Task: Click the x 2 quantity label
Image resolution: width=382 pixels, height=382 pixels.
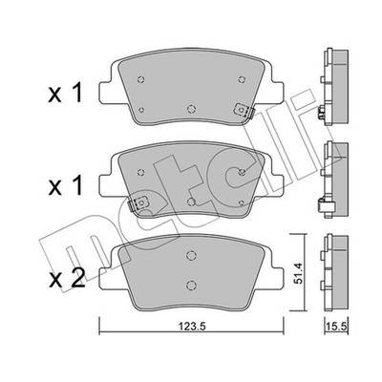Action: (67, 277)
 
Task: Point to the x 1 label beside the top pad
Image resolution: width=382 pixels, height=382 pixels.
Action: (66, 93)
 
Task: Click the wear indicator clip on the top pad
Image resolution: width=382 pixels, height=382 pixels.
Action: (244, 111)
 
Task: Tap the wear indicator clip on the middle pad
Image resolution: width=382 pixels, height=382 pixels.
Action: (138, 202)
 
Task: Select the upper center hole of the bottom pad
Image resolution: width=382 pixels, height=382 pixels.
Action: (191, 255)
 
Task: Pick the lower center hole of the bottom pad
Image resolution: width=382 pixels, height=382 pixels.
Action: (191, 285)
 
